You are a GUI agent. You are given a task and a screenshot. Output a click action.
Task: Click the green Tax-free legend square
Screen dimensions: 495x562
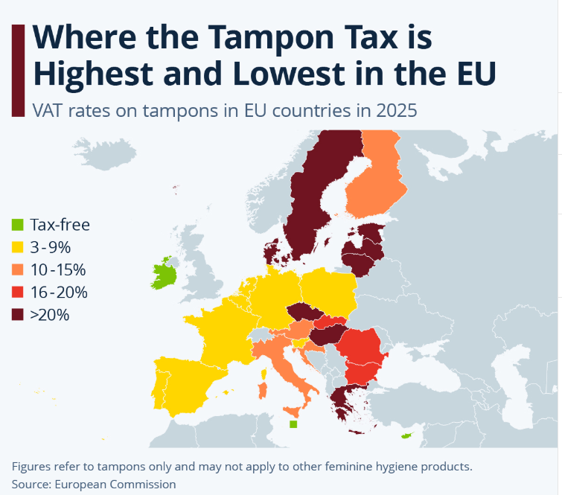[x=17, y=225]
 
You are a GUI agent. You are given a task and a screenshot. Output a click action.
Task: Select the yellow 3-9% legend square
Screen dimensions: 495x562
[x=17, y=247]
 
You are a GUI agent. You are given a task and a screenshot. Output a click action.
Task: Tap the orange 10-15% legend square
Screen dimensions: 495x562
[x=17, y=269]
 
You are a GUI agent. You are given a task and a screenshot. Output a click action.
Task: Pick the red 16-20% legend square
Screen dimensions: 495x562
[x=17, y=293]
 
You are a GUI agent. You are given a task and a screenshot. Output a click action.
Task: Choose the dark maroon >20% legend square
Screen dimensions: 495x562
[x=17, y=315]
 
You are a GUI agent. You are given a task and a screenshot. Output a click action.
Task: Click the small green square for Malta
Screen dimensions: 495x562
[x=293, y=424]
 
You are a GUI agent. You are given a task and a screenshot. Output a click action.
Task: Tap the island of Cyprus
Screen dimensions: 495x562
[x=406, y=435]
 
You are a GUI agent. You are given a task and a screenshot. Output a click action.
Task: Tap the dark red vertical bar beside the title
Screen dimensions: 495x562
[x=19, y=69]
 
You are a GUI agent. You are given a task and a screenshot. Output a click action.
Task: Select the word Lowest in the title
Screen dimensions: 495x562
[x=272, y=74]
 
